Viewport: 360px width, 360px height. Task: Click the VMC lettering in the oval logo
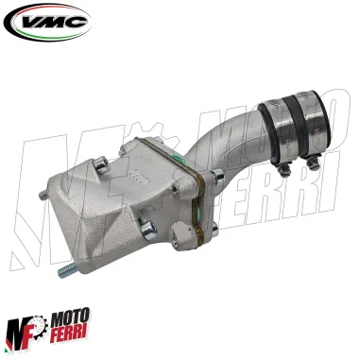click(x=47, y=21)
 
